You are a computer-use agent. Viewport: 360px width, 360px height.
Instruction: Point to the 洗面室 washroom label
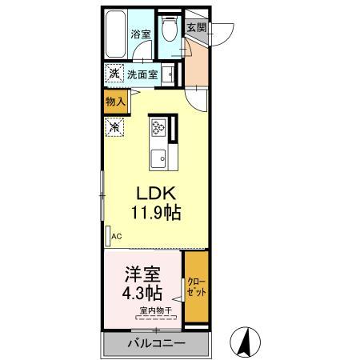142,74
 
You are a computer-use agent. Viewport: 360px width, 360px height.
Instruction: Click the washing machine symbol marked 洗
114,73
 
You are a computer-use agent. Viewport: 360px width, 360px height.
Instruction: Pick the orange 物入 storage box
115,101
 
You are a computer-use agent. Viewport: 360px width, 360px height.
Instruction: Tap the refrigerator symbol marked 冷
114,126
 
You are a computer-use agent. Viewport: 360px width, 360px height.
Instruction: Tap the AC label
115,236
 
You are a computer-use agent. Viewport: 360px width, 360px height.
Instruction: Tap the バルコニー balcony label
157,345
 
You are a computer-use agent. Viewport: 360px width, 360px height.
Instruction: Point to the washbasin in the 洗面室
170,74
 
